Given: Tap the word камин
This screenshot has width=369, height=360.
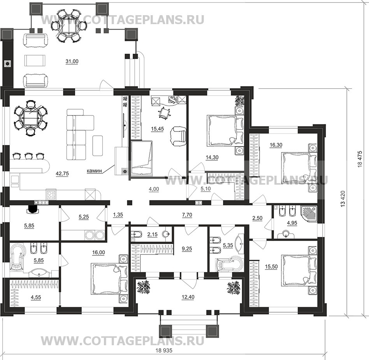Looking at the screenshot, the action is (94, 171).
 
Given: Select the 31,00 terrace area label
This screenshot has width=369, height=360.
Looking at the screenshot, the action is (72, 61).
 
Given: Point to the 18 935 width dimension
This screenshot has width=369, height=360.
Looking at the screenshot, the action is (164, 350).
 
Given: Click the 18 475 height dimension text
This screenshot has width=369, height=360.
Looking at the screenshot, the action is (360, 159).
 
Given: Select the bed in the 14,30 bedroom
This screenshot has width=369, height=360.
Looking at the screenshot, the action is (225, 130).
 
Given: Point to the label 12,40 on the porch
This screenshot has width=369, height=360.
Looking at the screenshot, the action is (188, 297).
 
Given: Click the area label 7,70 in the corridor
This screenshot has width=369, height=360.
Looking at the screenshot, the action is (187, 215).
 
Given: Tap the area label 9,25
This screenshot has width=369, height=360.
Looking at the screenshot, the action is (187, 249).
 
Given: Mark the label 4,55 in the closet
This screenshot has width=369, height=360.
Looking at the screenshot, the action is (36, 297).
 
